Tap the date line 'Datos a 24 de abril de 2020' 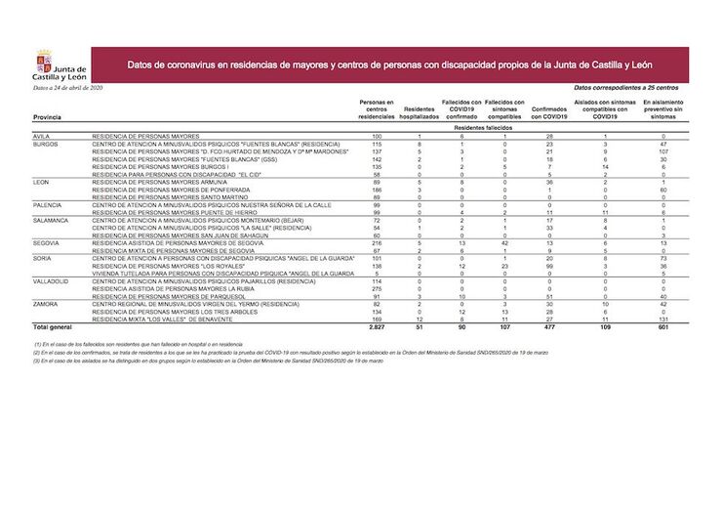(x=67, y=89)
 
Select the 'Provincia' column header (x=47, y=117)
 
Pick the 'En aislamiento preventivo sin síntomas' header (x=663, y=108)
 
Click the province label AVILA (x=42, y=136)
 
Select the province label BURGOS (x=47, y=144)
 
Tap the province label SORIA (x=43, y=259)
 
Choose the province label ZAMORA (x=47, y=304)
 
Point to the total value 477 (x=550, y=326)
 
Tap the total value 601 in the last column (x=663, y=326)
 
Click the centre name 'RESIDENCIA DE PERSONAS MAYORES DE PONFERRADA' (x=163, y=189)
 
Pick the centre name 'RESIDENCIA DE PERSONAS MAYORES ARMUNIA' (x=156, y=182)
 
